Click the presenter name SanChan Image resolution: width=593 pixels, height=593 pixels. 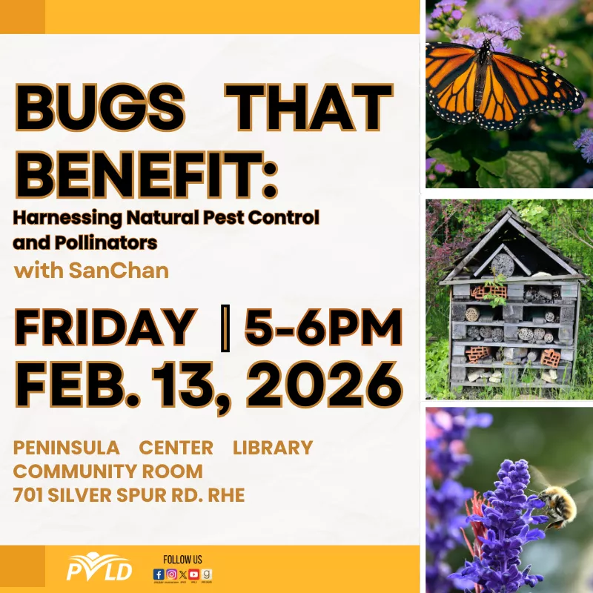click(119, 271)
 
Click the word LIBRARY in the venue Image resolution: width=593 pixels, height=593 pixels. click(273, 448)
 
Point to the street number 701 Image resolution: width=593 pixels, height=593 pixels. click(30, 495)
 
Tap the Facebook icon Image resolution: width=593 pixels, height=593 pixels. click(158, 574)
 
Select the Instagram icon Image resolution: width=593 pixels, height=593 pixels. click(171, 574)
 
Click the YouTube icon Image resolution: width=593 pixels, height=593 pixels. click(194, 574)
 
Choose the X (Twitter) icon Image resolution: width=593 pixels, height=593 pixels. click(183, 574)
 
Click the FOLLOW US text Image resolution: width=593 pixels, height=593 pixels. click(182, 559)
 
